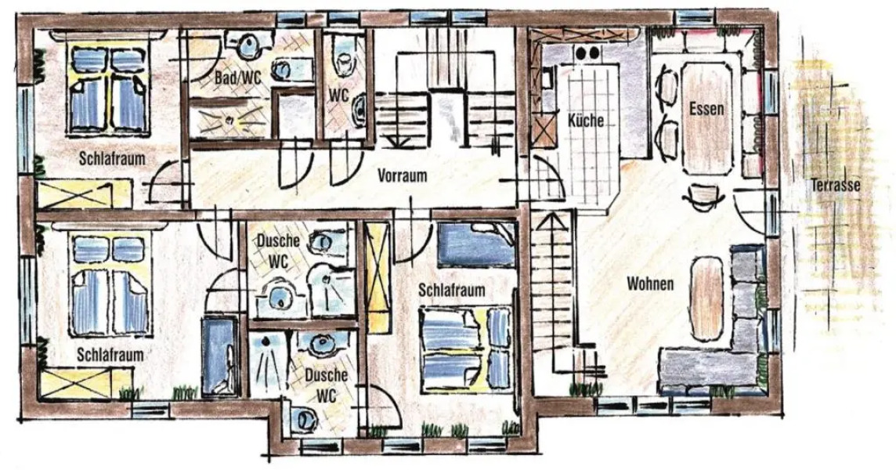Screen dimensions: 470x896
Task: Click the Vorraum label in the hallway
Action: (403, 175)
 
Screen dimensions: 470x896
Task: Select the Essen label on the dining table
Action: (706, 109)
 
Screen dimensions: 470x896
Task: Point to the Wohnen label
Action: (649, 284)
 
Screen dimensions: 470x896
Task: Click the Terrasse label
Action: (836, 186)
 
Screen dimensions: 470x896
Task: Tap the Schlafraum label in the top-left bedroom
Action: (112, 158)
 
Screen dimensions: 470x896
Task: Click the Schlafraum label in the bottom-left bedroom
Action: (110, 355)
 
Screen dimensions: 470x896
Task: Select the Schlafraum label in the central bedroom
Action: (451, 290)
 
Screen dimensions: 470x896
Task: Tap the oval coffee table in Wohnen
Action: (708, 298)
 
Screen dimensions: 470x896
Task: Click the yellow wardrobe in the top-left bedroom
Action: (85, 193)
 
